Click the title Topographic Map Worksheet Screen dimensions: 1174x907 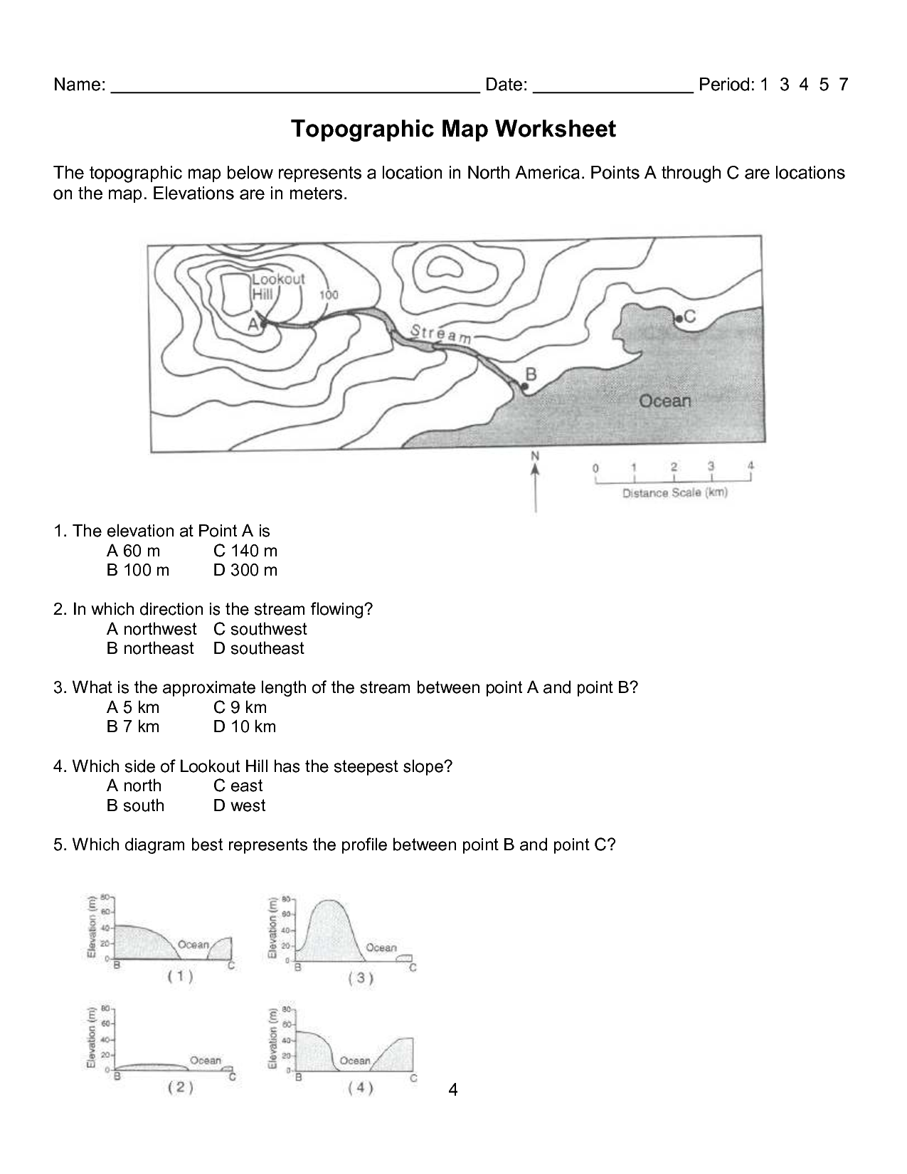tap(453, 129)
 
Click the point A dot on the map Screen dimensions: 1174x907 tap(264, 324)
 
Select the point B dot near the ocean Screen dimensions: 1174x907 tap(524, 386)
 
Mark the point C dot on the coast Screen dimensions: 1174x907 tap(678, 319)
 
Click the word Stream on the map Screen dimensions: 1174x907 tap(440, 334)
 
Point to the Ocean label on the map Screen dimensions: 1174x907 tap(664, 401)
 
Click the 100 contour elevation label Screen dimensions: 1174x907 tap(329, 295)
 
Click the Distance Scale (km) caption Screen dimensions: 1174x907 tap(674, 492)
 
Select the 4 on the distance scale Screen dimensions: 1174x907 tap(750, 466)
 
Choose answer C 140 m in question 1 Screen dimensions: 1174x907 tap(245, 551)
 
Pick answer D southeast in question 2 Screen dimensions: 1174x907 tap(258, 648)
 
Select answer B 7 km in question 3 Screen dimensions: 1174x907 tap(133, 726)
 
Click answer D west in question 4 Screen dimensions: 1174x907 tap(239, 805)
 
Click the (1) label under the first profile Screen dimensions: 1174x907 tap(180, 977)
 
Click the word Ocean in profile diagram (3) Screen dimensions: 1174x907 tap(381, 947)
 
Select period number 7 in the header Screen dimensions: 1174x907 tap(843, 85)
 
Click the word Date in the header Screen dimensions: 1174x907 tap(505, 85)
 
